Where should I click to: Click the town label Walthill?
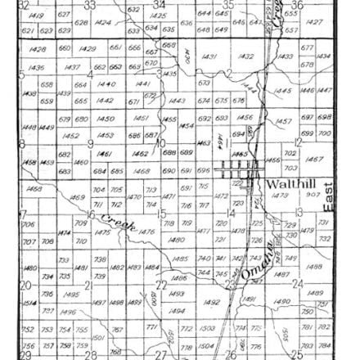[286, 185]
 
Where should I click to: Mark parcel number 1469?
[79, 197]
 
